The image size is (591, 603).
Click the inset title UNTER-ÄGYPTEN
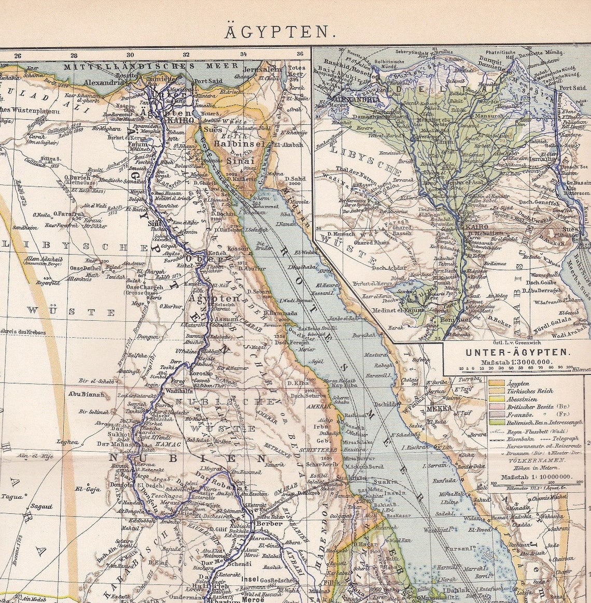coord(516,351)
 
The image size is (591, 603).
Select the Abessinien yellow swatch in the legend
coord(497,399)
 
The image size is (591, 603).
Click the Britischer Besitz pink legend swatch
coord(497,407)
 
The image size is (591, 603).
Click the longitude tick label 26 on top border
coord(18,55)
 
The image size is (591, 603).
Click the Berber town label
coord(269,523)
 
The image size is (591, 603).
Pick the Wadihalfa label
coord(179,391)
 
